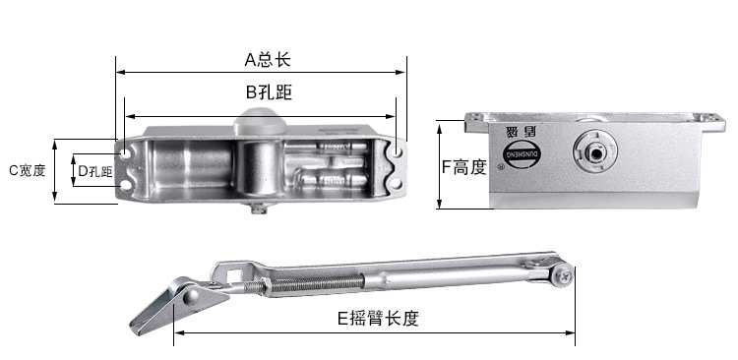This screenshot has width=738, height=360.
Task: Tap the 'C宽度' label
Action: [x=28, y=170]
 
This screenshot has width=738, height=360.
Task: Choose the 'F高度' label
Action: [x=463, y=167]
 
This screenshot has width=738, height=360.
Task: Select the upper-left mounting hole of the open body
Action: [x=125, y=153]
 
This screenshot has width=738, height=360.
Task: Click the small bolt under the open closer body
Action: [x=258, y=208]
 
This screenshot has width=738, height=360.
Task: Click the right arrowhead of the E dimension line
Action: [x=574, y=332]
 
